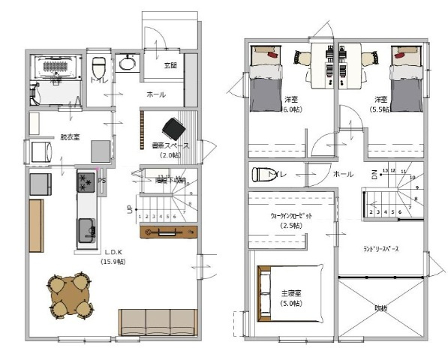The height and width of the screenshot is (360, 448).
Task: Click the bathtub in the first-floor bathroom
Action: (x=57, y=67)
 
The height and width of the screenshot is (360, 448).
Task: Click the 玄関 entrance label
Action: (x=170, y=64)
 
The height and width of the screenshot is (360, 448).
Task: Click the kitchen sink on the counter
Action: (x=84, y=229)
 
